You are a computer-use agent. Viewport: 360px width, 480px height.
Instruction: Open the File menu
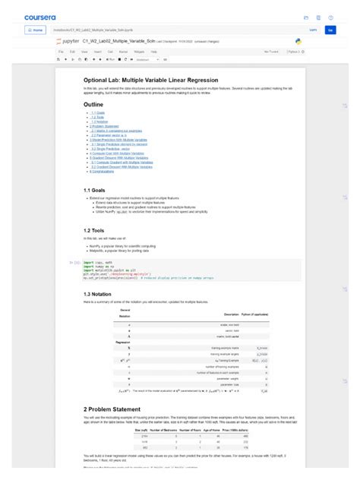coord(62,52)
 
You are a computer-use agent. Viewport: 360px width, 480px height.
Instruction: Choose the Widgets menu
coord(139,52)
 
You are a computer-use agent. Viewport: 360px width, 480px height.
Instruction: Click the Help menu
coord(154,52)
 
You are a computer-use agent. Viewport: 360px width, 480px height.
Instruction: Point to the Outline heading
coord(93,104)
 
